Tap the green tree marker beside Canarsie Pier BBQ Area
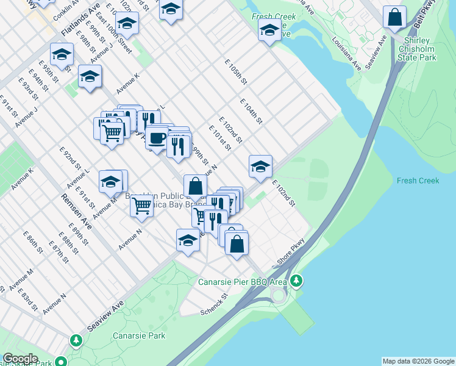tap(297, 281)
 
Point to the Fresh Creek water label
tap(418, 181)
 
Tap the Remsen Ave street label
tap(76, 212)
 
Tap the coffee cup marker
tap(157, 138)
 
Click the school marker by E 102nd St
tap(260, 167)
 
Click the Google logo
tap(20, 359)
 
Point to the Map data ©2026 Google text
tap(418, 361)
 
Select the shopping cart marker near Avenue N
tap(141, 207)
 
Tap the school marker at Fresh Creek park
tap(269, 30)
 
